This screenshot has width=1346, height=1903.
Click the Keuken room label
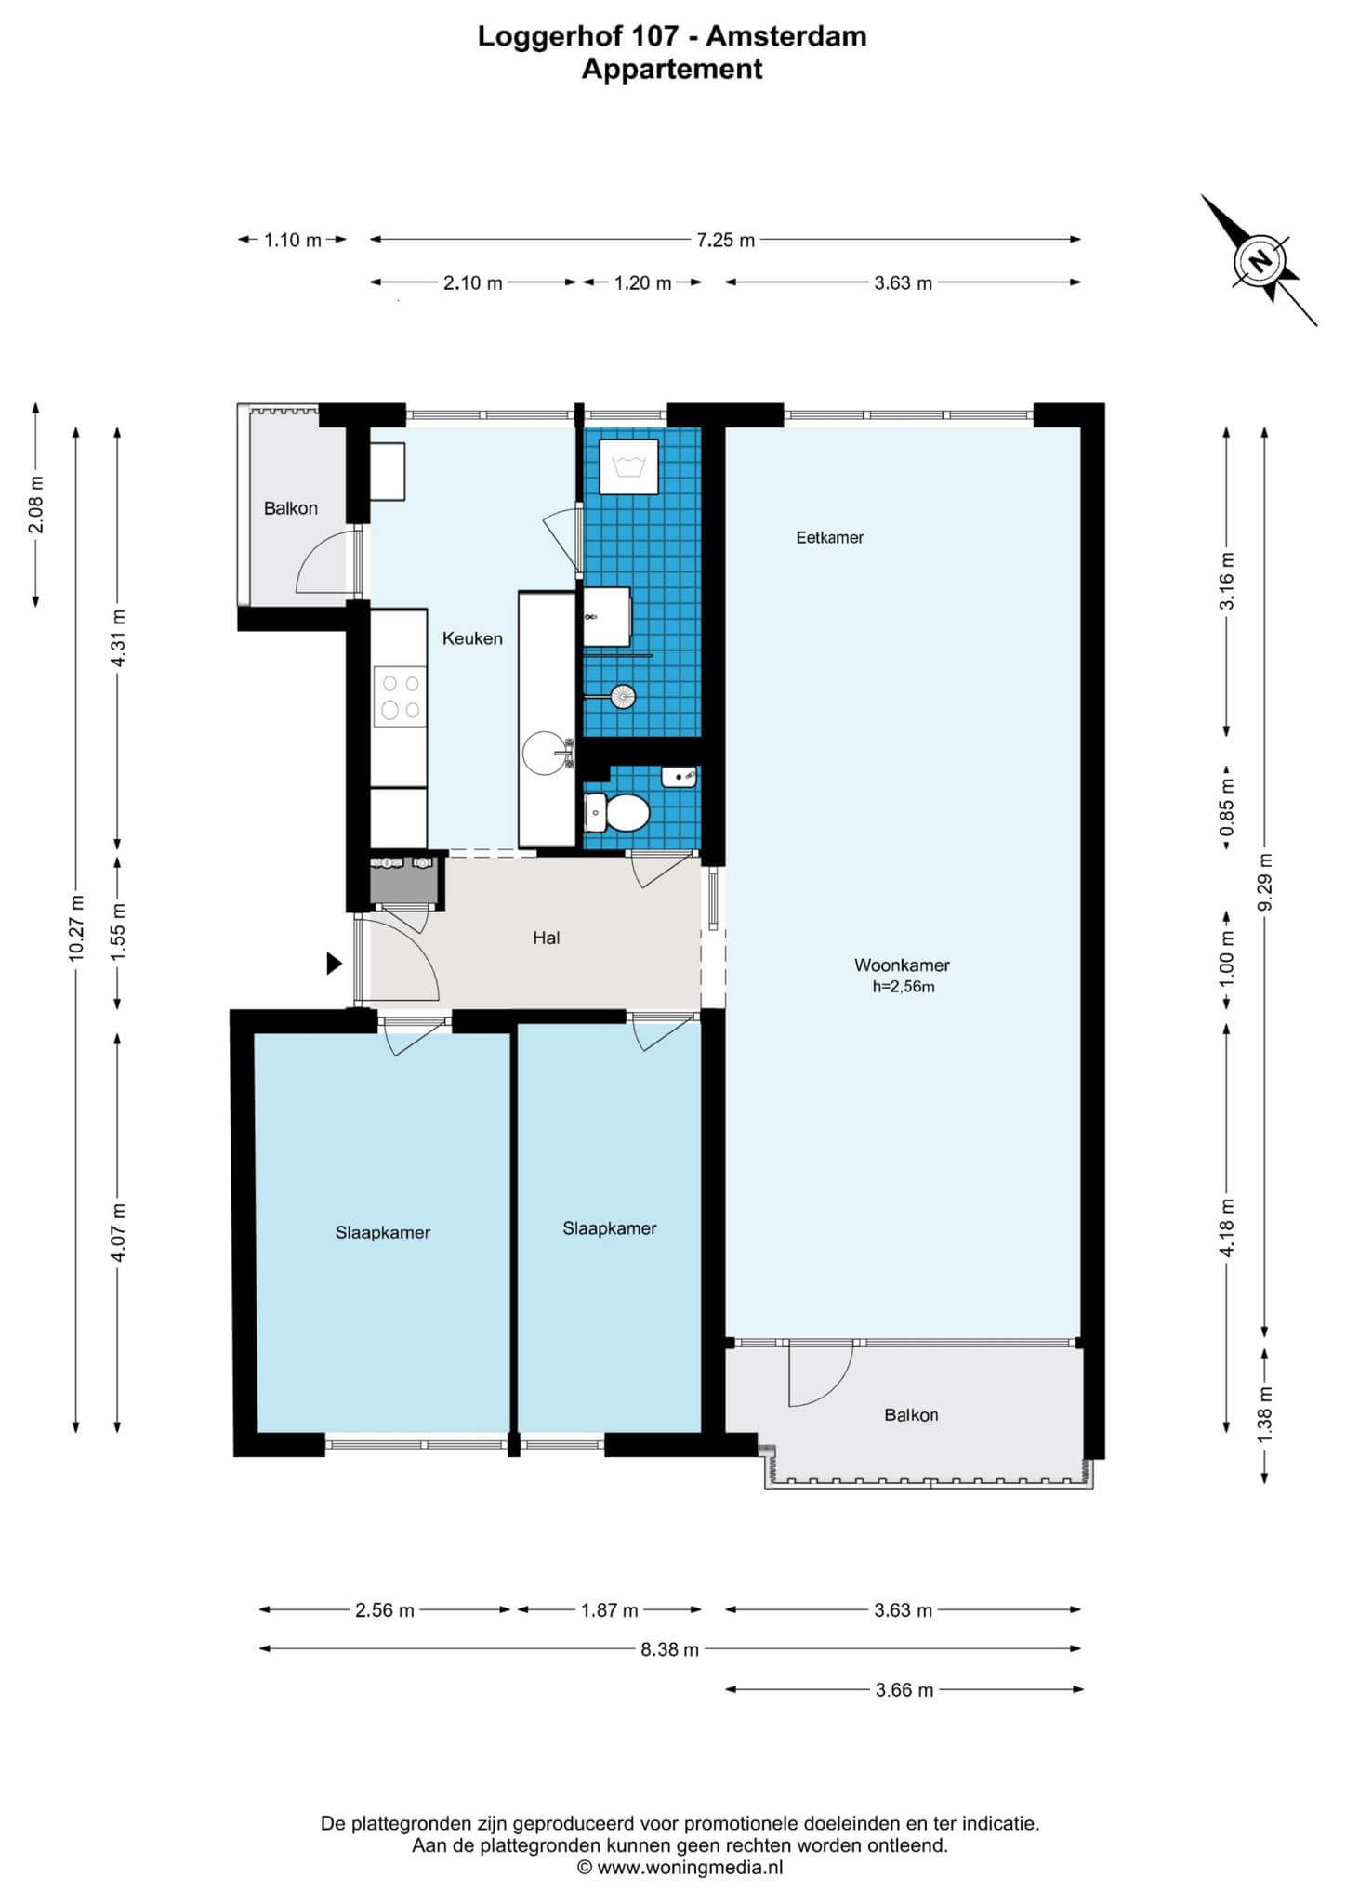point(472,638)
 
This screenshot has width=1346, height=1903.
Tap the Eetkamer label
point(830,537)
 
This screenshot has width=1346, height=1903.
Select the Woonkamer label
point(903,965)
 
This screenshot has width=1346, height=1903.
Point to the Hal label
point(547,938)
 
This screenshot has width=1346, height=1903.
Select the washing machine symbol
point(629,466)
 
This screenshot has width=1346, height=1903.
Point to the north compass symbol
point(1260,260)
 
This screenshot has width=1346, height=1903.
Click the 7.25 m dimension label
point(726,240)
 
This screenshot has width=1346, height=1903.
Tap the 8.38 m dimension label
point(670,1649)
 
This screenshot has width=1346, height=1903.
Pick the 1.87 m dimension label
point(610,1610)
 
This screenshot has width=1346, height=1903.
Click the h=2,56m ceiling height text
point(904,987)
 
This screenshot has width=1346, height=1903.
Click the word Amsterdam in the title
point(786,37)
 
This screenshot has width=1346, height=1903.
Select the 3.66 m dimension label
point(904,1690)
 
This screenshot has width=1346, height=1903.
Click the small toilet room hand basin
point(680,776)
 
